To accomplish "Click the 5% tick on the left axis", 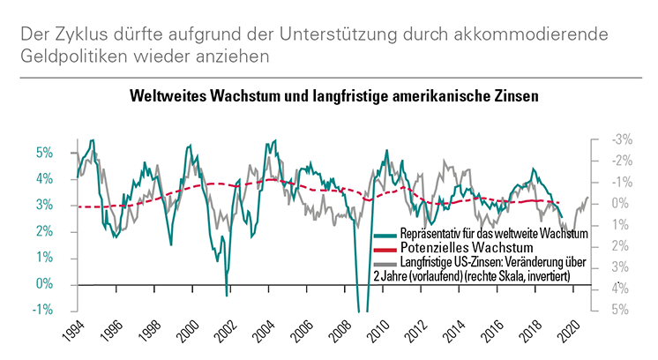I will pos(45,153).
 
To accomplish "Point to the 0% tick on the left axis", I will pos(45,284).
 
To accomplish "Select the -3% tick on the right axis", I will pos(622,139).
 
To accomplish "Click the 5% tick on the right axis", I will pos(620,310).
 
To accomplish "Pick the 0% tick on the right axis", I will pos(620,203).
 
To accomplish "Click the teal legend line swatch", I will pos(385,236).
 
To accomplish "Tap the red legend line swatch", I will pos(385,249).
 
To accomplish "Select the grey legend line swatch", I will pos(385,263).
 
